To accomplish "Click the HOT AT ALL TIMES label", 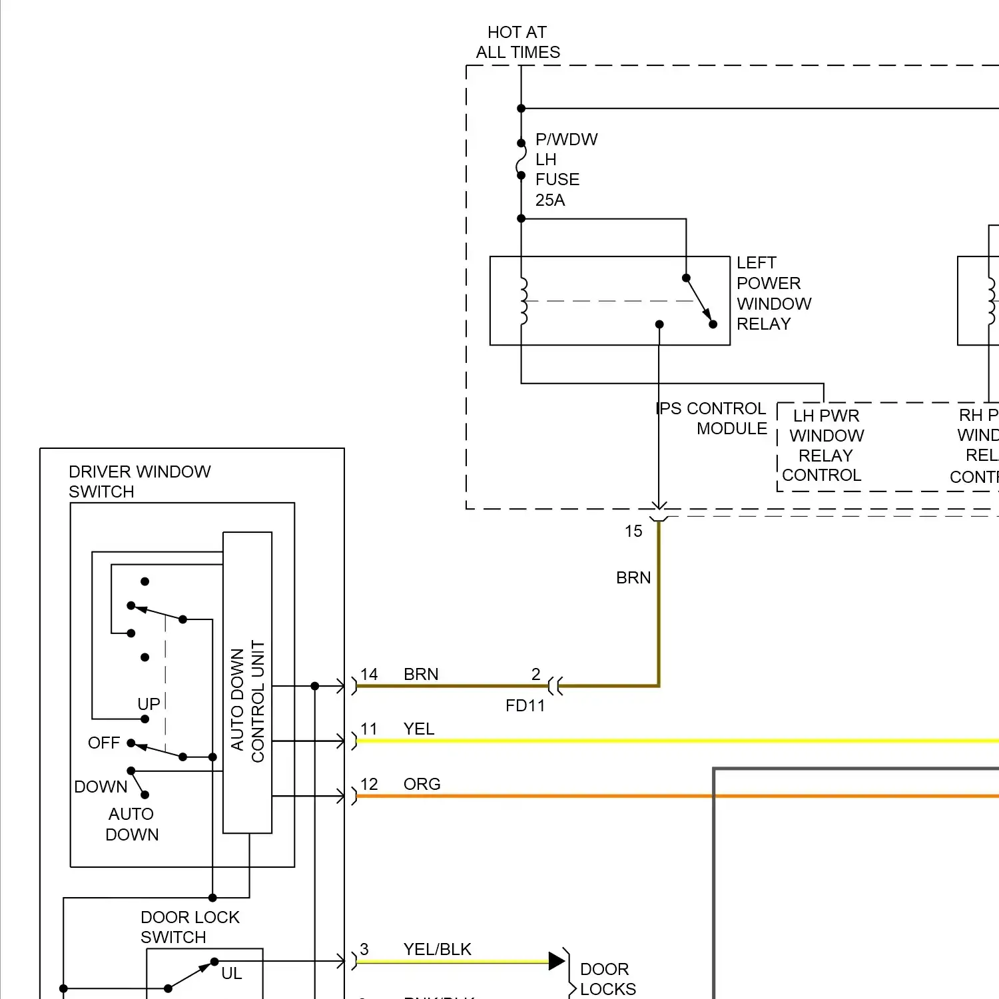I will point(517,42).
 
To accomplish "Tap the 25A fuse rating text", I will point(550,200).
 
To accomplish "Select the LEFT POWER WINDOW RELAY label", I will point(773,293).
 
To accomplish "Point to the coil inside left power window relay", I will point(523,301).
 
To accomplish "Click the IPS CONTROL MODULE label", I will point(712,418).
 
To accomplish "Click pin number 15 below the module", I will point(633,531).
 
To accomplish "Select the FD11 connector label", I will point(525,705).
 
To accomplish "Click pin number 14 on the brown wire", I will point(369,674).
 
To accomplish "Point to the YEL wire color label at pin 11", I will point(419,729).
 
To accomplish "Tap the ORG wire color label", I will point(422,784).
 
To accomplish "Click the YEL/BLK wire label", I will point(437,949).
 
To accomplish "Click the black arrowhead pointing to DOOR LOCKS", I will point(557,960).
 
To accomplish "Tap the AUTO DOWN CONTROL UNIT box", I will point(247,682).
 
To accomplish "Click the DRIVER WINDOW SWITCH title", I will point(139,481).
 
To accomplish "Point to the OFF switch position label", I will point(104,743).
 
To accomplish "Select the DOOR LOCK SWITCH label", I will point(189,926).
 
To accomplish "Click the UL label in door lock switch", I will point(231,973).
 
